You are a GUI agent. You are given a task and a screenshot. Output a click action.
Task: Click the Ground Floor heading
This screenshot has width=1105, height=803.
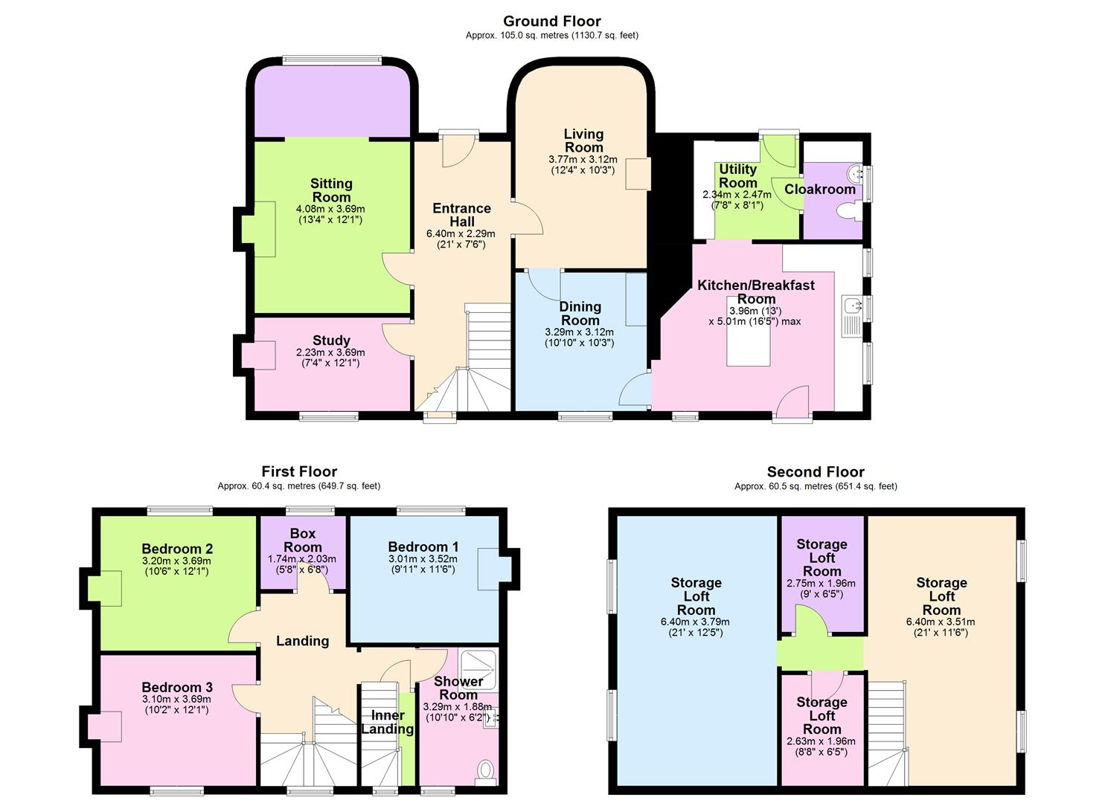(x=551, y=22)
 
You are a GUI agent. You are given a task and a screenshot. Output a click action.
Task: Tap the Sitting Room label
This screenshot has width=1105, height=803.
(x=331, y=190)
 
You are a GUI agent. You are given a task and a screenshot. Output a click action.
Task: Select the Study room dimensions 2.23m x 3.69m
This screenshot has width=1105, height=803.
(x=330, y=352)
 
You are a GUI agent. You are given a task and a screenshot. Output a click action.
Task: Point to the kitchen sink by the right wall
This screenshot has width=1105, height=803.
(x=851, y=305)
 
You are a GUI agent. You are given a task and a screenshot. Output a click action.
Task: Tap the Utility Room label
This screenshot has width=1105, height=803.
(x=737, y=176)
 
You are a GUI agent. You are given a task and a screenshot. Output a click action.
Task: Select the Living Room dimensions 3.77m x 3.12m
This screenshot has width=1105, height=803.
(x=583, y=160)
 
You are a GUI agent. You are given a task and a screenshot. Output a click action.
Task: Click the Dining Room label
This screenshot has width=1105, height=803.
(x=580, y=314)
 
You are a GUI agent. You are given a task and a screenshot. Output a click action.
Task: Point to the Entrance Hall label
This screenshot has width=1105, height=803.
(x=461, y=215)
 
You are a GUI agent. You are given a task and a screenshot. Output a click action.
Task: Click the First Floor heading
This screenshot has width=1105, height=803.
(x=299, y=472)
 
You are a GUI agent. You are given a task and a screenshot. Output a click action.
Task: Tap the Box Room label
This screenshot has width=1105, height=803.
(x=302, y=541)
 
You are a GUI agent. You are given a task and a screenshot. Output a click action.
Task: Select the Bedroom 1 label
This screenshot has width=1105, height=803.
(x=423, y=546)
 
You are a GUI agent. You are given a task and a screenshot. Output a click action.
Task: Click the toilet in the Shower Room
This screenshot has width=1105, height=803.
(x=485, y=770)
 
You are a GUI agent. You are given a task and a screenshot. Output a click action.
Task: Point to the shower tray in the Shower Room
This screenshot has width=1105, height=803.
(x=478, y=668)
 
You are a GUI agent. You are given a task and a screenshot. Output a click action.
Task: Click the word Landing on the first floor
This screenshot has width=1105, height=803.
(x=302, y=641)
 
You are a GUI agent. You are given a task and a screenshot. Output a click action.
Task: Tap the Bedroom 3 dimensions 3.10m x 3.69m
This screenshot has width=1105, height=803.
(x=176, y=699)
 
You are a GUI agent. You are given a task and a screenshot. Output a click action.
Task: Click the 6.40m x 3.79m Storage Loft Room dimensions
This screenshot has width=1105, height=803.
(x=695, y=622)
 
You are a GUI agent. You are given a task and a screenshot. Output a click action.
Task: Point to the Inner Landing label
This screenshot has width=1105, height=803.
(x=387, y=722)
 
